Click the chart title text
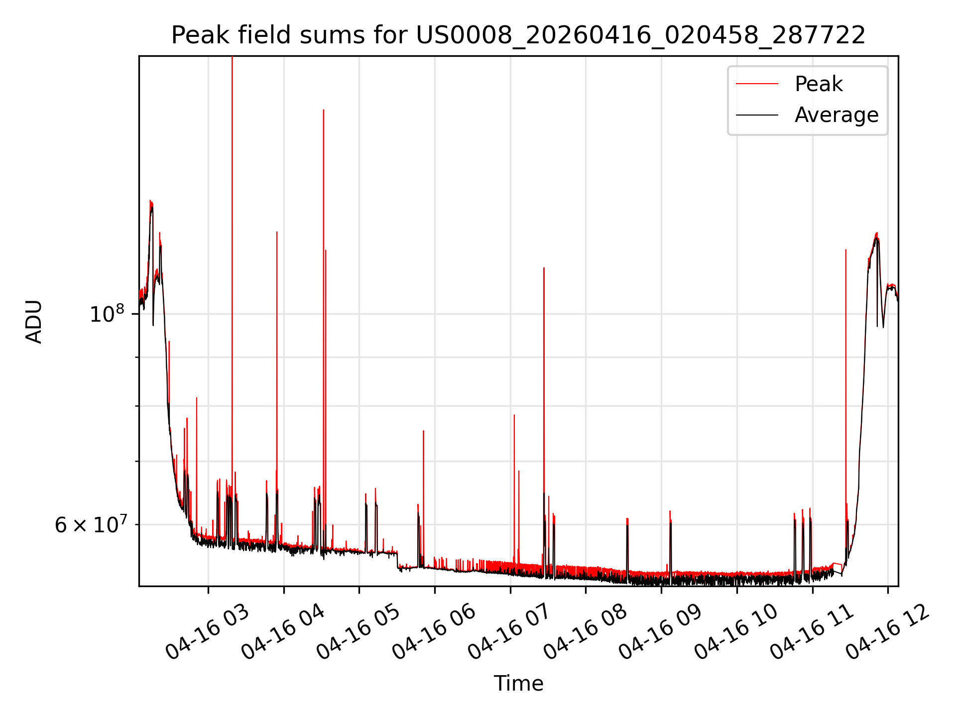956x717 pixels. (x=518, y=35)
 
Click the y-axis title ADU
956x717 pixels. (x=34, y=321)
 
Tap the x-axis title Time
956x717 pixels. (x=518, y=683)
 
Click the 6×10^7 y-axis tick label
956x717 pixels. (x=90, y=524)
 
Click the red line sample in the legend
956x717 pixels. (x=757, y=84)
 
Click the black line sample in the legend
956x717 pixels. (x=757, y=115)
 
